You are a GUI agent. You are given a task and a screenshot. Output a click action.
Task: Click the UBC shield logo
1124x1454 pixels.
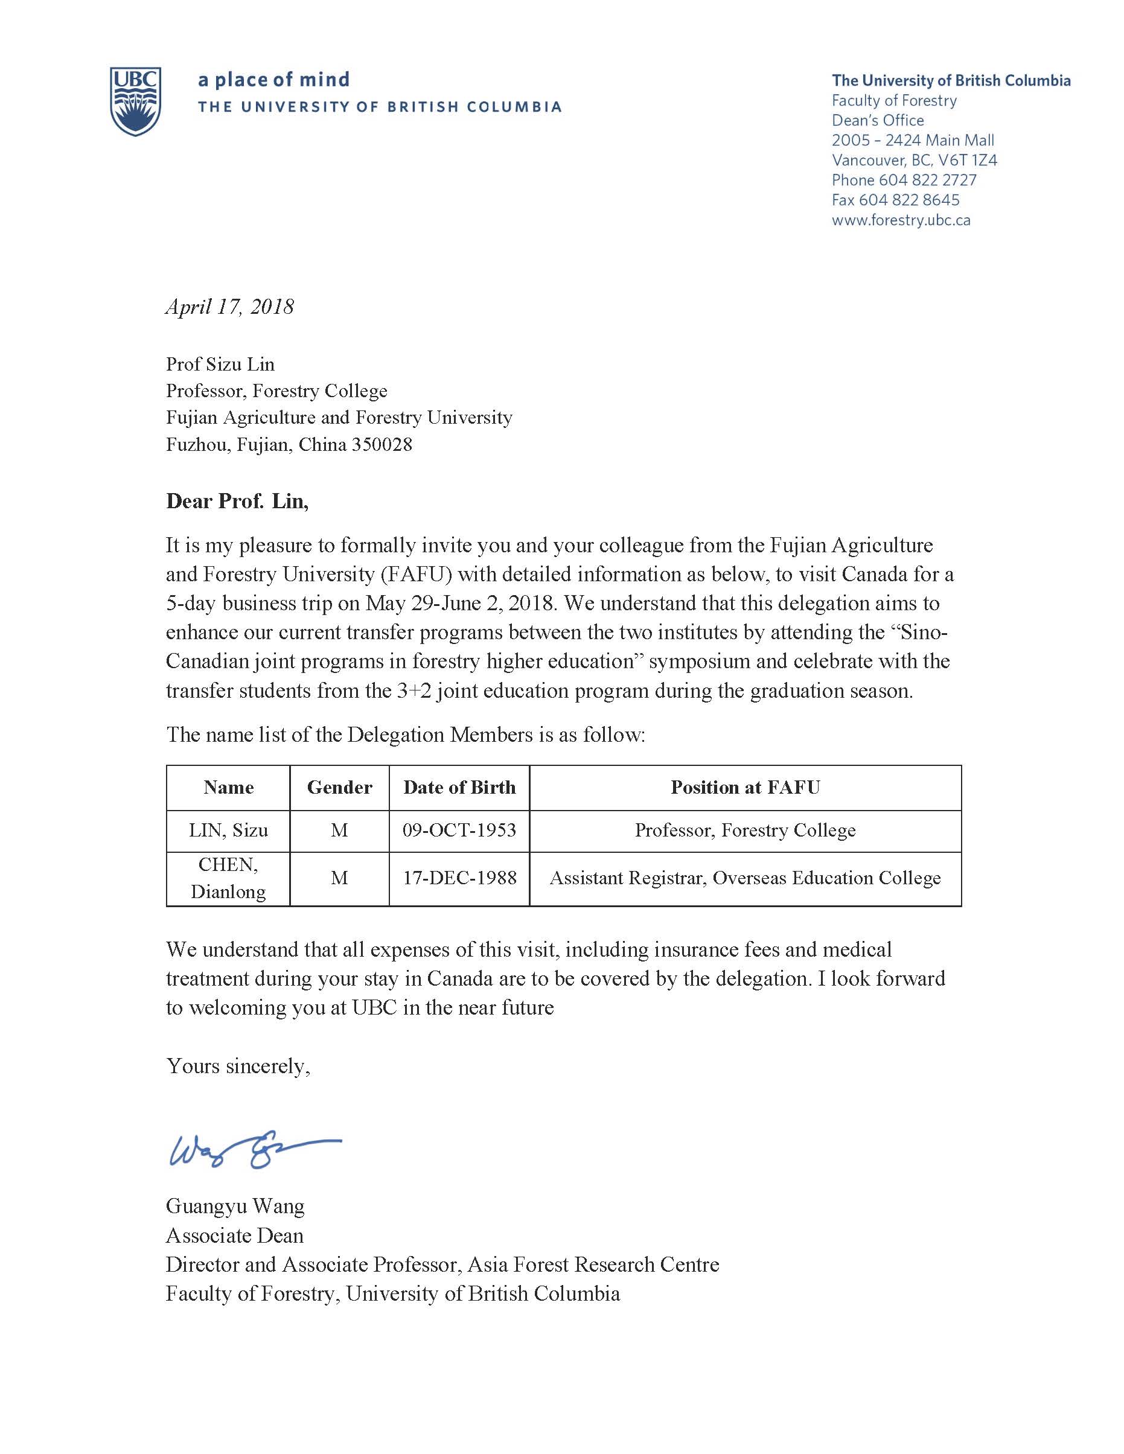(135, 101)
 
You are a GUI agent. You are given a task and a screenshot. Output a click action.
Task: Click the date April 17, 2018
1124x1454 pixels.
(230, 307)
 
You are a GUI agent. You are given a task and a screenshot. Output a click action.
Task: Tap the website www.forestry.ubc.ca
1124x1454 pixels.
(901, 220)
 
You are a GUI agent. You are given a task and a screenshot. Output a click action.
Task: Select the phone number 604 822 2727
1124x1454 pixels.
(928, 180)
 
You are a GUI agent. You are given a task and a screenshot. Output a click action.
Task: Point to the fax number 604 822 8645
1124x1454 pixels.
(909, 200)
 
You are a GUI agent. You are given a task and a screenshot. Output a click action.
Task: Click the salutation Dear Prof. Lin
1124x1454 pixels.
(237, 502)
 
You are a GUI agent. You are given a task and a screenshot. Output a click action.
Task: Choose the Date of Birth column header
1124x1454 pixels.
(459, 788)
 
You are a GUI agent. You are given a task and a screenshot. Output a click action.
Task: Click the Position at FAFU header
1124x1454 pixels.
(745, 788)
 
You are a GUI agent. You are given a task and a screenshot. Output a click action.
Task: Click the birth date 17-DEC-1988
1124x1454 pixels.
(459, 878)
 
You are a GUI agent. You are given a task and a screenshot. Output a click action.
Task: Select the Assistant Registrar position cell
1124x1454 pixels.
(745, 878)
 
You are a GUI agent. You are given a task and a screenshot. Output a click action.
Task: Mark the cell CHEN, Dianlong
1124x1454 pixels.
(228, 878)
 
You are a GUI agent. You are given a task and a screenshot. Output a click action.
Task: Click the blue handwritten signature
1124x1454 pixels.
(253, 1150)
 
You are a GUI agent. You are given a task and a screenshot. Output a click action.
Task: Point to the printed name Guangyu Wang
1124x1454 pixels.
(235, 1207)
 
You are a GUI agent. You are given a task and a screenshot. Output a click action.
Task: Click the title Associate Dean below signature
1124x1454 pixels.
(234, 1236)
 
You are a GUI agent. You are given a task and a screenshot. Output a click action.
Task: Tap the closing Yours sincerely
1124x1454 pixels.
(238, 1067)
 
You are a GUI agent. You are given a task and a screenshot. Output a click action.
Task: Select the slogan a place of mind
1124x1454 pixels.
(273, 80)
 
